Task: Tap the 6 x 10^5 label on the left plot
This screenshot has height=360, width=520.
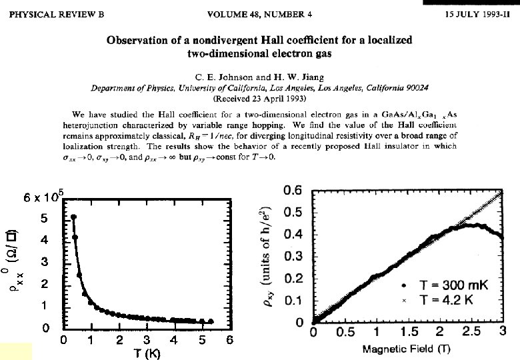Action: pyautogui.click(x=41, y=195)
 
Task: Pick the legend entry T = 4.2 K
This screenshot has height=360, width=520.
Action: pyautogui.click(x=447, y=301)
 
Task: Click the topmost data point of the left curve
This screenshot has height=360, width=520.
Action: pyautogui.click(x=73, y=217)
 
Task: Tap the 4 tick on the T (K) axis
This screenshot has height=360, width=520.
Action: pyautogui.click(x=174, y=341)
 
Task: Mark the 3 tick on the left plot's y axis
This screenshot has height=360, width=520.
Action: pyautogui.click(x=44, y=262)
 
